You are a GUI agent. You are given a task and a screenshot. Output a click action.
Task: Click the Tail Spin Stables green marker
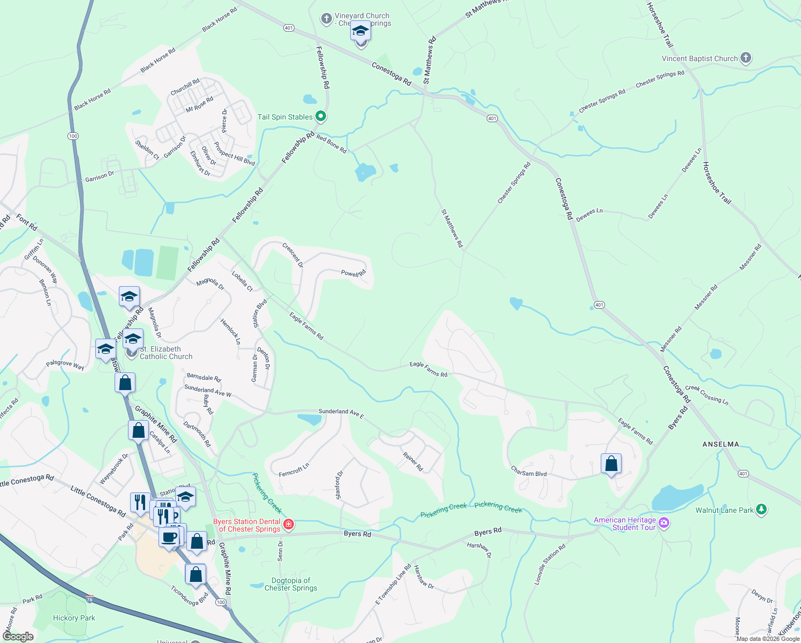(321, 116)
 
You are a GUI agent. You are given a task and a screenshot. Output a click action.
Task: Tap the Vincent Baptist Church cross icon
(746, 58)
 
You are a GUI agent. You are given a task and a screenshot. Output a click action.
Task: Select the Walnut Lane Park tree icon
(761, 510)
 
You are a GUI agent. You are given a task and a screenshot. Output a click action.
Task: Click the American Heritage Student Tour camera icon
(664, 523)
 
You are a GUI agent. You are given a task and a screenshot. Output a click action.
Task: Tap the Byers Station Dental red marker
(289, 524)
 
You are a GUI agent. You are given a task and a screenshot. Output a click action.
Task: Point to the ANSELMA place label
(721, 444)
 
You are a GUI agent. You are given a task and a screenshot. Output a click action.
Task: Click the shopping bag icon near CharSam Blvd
(611, 463)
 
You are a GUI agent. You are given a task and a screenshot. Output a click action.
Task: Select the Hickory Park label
(74, 618)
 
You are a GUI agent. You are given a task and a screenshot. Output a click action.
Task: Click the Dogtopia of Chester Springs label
(291, 584)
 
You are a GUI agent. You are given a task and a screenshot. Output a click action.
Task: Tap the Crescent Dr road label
(293, 255)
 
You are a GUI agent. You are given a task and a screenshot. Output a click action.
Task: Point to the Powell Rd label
(353, 273)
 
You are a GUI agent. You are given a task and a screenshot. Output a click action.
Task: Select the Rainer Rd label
(413, 461)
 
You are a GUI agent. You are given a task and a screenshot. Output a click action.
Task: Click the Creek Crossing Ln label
(707, 395)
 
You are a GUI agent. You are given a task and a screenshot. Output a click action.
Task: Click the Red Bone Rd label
(331, 144)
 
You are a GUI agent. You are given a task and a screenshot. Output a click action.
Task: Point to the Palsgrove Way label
(65, 365)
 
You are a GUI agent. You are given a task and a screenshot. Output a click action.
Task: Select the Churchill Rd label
(185, 87)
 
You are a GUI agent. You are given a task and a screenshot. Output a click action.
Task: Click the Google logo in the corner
(18, 636)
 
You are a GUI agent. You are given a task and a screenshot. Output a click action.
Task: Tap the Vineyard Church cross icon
(326, 19)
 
